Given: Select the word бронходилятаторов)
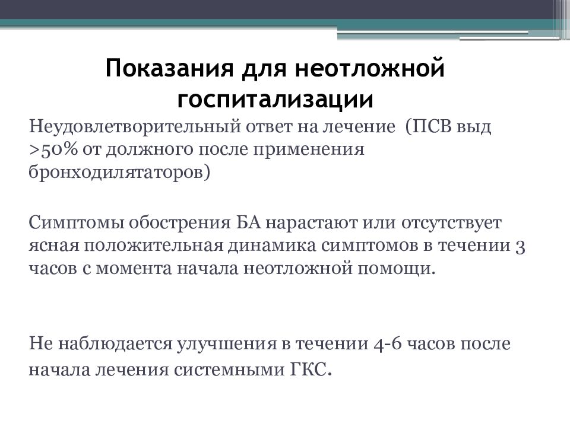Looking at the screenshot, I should [x=119, y=172].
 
